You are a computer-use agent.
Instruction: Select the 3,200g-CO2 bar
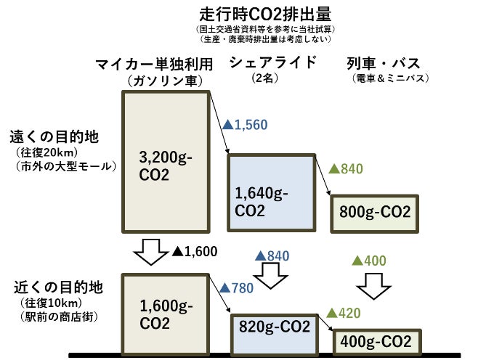[166, 163]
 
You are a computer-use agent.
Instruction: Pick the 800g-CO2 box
[374, 212]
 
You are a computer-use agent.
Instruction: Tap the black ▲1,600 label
[195, 252]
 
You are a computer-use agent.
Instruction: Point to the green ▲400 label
[368, 261]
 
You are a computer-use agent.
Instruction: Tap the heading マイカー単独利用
[158, 65]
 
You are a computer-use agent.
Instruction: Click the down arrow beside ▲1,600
[151, 252]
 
